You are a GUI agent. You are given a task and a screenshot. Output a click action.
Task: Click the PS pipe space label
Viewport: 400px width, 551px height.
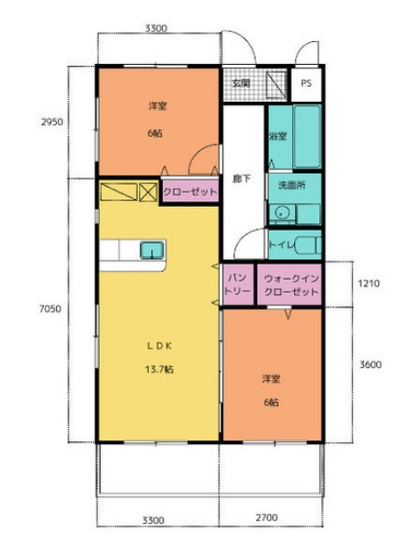tap(306, 83)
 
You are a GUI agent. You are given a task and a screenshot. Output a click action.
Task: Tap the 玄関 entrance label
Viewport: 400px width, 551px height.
tap(241, 83)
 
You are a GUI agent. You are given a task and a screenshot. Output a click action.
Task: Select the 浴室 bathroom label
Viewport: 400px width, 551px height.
tap(278, 136)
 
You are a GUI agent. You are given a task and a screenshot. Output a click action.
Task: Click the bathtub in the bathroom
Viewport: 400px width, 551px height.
tap(307, 137)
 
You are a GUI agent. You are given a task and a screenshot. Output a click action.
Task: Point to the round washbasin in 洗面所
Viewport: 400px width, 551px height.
tap(282, 212)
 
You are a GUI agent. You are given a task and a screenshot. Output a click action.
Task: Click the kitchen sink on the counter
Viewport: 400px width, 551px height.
tap(152, 250)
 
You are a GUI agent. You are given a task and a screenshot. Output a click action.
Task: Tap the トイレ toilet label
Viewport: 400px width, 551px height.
tap(282, 245)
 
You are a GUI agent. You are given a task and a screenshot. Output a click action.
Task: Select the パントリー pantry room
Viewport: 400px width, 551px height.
tap(238, 284)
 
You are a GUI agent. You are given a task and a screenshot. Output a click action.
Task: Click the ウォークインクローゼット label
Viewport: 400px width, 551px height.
tap(291, 285)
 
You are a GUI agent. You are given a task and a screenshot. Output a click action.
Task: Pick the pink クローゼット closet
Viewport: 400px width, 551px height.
tap(190, 191)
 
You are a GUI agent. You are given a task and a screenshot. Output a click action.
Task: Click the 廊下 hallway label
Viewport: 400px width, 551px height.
tap(241, 179)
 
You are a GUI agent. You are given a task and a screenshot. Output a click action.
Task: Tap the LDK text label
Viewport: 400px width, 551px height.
tap(159, 346)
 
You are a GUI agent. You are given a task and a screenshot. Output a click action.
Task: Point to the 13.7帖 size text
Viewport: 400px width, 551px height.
tap(159, 369)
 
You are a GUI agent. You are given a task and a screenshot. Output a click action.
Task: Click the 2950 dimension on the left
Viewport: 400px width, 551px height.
tap(53, 122)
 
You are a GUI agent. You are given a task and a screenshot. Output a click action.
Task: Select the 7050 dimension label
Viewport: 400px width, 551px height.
tap(50, 309)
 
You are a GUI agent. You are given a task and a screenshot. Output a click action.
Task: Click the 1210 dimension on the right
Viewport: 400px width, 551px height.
tap(368, 283)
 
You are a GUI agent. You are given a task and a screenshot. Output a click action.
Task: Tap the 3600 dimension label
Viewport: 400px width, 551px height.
tap(370, 364)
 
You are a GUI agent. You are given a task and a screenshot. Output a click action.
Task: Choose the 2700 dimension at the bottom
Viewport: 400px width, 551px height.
tap(267, 518)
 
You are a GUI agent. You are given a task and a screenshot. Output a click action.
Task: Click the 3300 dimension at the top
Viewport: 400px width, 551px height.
tap(156, 28)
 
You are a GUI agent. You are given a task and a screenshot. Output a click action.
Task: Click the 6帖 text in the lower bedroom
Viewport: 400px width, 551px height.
tap(271, 403)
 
